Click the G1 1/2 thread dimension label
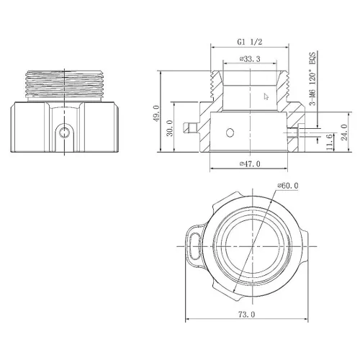point(250,42)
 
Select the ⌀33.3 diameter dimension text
point(250,60)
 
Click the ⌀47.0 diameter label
point(250,164)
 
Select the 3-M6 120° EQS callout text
point(314,78)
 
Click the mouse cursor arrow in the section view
point(266,95)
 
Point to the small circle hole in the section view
point(229,132)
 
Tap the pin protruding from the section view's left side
point(190,127)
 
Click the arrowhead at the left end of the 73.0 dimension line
point(189,321)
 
